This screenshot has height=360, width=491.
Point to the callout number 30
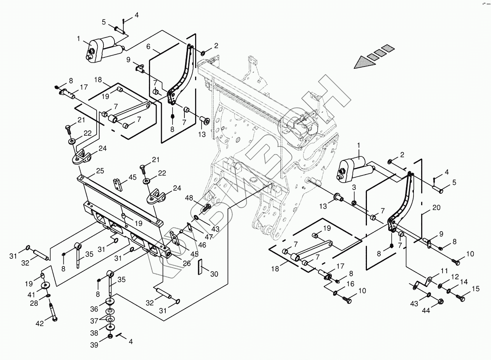pyautogui.click(x=214, y=274)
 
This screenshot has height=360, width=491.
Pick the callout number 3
pyautogui.click(x=354, y=187)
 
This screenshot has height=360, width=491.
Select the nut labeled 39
pyautogui.click(x=110, y=336)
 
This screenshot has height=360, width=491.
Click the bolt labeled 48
pyautogui.click(x=207, y=208)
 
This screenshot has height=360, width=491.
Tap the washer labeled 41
pyautogui.click(x=45, y=285)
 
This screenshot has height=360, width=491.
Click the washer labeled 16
pyautogui.click(x=335, y=294)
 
